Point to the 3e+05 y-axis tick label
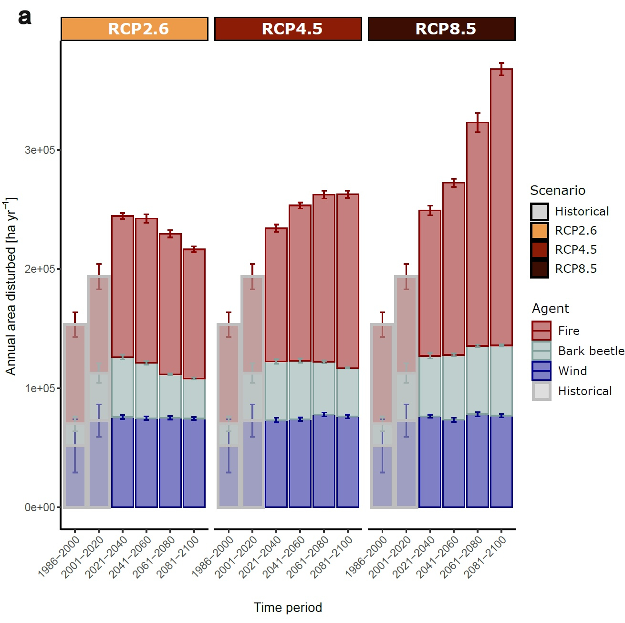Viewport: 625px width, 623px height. (x=40, y=150)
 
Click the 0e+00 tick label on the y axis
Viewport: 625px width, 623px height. (x=40, y=507)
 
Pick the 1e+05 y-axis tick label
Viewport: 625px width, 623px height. (x=40, y=388)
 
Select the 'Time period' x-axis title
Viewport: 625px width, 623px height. (x=288, y=608)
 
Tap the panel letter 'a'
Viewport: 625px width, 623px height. (x=25, y=17)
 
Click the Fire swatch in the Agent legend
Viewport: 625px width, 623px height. (x=542, y=331)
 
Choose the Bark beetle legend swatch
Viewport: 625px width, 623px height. (x=542, y=351)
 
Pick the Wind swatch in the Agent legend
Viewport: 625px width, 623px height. (x=542, y=371)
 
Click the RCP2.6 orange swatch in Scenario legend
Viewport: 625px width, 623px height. (x=540, y=231)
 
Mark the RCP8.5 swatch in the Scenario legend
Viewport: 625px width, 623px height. (x=540, y=269)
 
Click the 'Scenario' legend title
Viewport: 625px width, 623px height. (x=557, y=190)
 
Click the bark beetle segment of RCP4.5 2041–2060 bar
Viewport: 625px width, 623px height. (x=300, y=390)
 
